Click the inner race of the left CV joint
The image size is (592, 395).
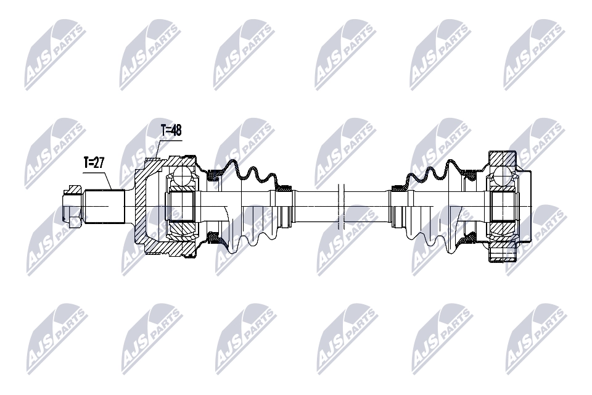pyautogui.click(x=181, y=205)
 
